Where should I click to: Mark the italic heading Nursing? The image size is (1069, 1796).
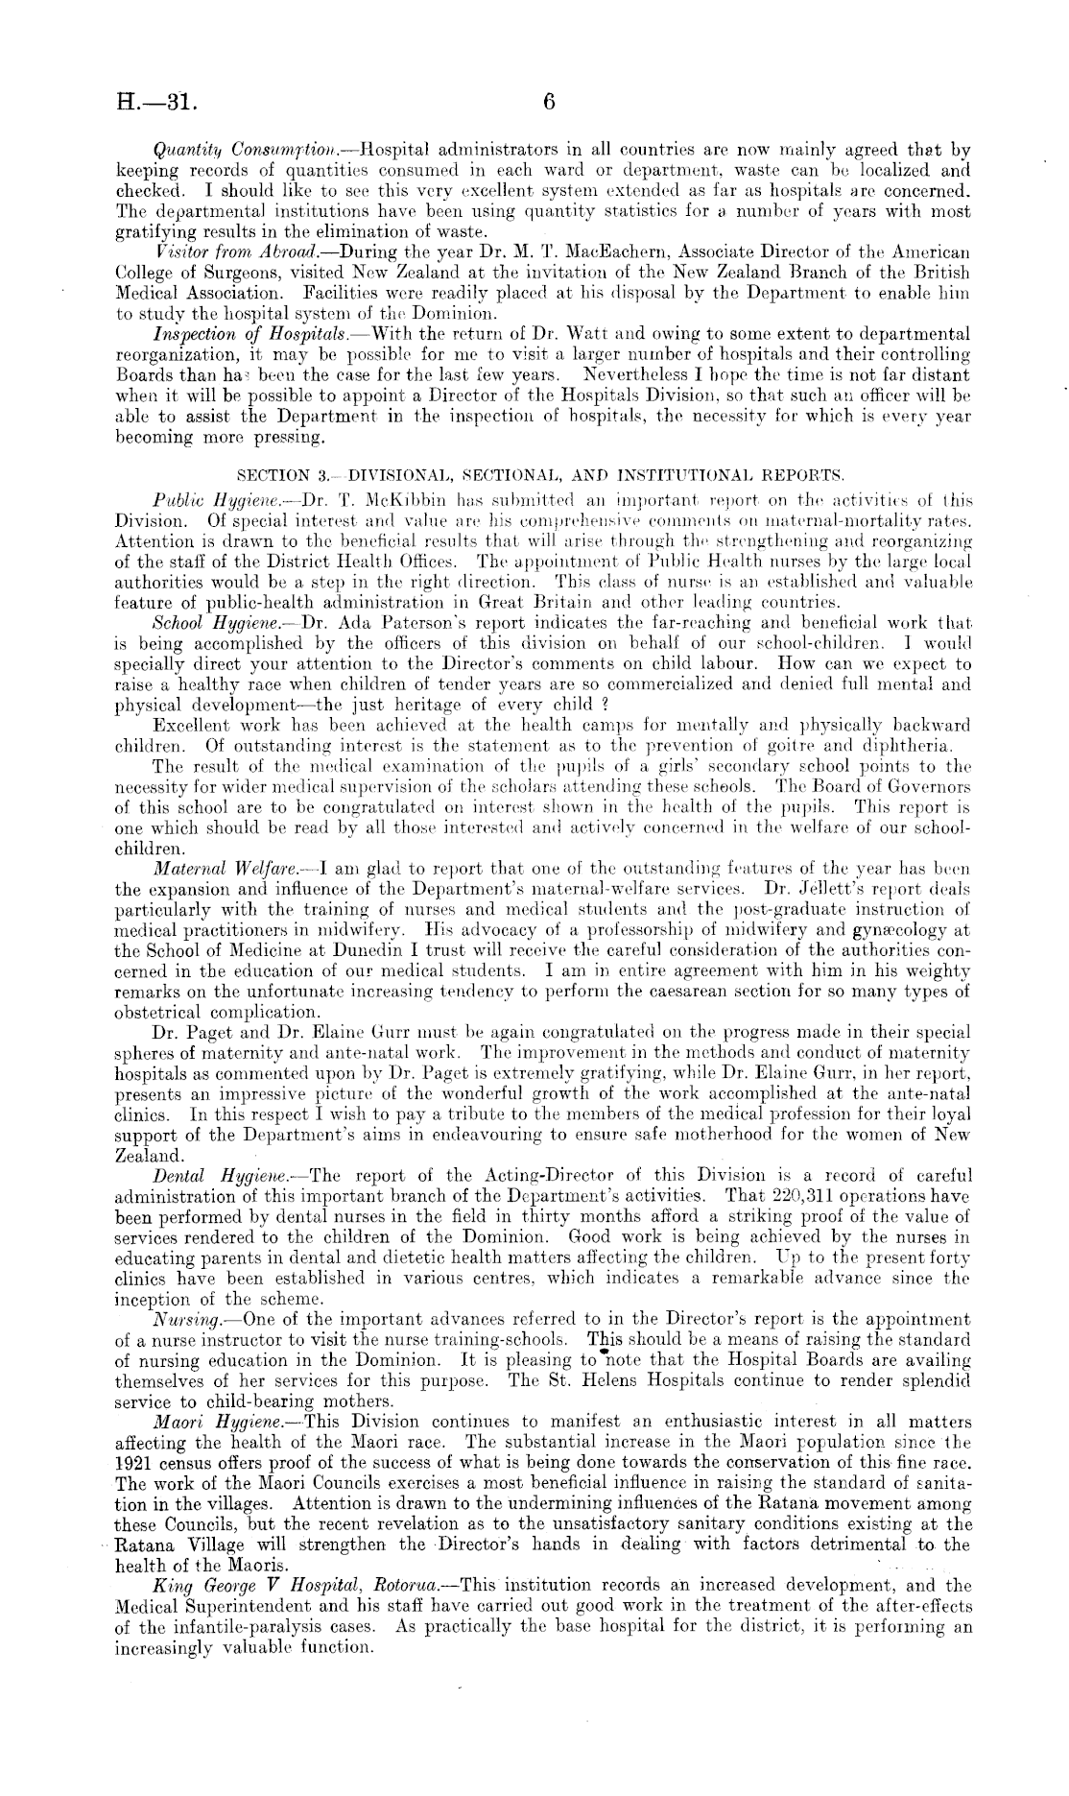pos(184,1319)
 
